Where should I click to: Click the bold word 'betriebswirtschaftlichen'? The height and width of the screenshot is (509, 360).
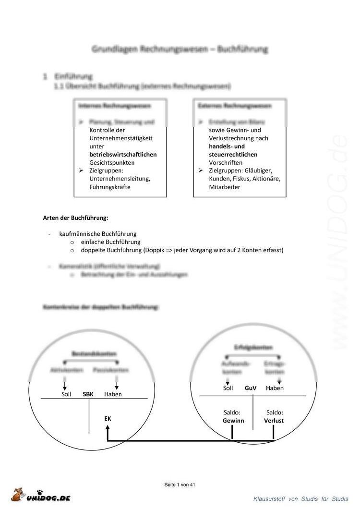coord(123,155)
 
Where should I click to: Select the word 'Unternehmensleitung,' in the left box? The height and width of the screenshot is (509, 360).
coord(120,179)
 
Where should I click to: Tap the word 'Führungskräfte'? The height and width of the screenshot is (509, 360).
coord(110,187)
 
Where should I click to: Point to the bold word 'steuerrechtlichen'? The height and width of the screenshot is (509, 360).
coord(233,155)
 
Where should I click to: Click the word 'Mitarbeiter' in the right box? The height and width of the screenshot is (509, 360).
coord(225,187)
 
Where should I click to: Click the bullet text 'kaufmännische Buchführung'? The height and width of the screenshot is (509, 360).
coord(98,233)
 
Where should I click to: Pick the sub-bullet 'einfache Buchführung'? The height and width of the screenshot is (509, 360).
coord(111,242)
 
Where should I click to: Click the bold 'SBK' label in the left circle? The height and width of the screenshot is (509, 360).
coord(88,394)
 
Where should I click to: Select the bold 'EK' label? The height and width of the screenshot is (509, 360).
coord(108,419)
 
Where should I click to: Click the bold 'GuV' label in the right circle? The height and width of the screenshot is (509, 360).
coord(251,388)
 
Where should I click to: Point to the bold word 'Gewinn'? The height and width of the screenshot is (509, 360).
coord(233,421)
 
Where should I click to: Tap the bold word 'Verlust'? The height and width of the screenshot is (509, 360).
coord(274,421)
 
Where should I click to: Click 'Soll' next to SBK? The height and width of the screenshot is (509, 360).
coord(66,394)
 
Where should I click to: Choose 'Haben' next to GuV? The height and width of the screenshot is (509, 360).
coord(275,388)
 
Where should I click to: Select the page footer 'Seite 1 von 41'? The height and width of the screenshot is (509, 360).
coord(180,485)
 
